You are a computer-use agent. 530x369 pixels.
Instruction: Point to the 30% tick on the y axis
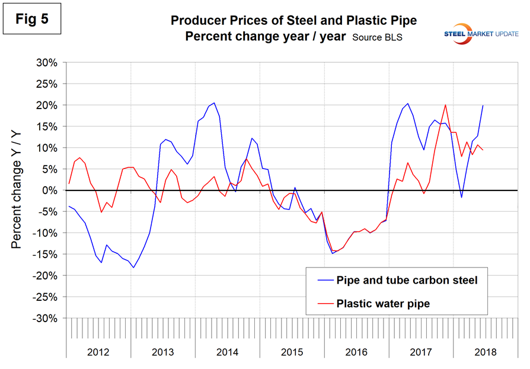click(x=49, y=62)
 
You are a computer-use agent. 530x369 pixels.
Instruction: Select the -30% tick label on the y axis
click(x=47, y=318)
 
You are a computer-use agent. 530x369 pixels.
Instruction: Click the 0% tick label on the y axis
click(x=52, y=190)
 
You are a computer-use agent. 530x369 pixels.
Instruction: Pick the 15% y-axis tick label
click(x=49, y=126)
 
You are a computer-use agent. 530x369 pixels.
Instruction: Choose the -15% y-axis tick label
click(x=47, y=255)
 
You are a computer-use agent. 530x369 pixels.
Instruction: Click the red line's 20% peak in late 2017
click(x=445, y=105)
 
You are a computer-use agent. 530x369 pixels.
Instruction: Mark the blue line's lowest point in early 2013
click(x=133, y=268)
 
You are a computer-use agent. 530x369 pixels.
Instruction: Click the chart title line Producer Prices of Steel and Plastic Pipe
click(x=293, y=21)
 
